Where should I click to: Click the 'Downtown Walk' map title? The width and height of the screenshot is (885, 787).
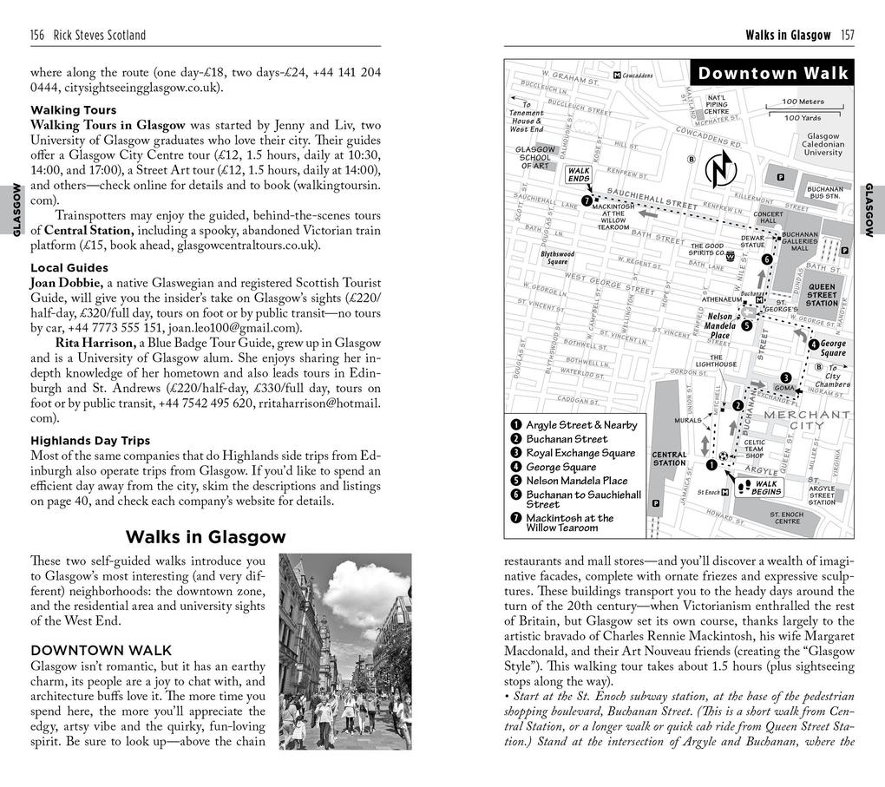pos(772,74)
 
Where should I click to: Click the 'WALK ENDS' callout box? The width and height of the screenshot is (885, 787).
pos(578,175)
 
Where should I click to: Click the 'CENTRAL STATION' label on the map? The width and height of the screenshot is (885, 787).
pos(668,458)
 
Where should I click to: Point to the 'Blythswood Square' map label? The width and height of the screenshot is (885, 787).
pos(557,258)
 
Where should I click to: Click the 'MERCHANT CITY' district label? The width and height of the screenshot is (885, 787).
pos(806,420)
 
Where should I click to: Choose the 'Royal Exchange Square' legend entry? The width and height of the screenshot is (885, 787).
pos(580,453)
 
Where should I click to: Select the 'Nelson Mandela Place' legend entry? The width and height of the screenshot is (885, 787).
pos(576,481)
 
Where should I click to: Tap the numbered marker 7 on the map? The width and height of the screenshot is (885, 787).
pos(587,200)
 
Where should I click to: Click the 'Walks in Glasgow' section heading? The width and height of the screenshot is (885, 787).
pos(205,537)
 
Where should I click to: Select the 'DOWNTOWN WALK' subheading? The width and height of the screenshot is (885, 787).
pos(101,650)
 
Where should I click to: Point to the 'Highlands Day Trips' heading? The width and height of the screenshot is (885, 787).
pos(90,440)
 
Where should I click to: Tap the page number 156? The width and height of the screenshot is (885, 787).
pos(37,35)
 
